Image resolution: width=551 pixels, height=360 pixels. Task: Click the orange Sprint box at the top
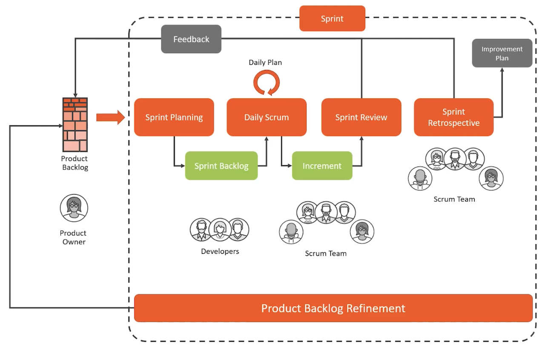332,18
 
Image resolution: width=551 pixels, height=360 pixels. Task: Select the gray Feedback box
191,39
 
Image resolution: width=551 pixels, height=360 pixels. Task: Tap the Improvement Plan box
502,53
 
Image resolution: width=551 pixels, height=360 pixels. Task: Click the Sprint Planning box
174,117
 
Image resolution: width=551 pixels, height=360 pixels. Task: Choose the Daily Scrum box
267,117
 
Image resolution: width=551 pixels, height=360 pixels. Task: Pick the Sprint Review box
361,117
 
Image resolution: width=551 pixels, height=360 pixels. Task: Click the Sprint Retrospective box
453,117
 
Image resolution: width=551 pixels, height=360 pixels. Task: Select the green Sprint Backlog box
221,166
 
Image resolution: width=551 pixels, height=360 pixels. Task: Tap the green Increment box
322,166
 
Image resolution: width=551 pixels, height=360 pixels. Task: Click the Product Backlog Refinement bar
333,308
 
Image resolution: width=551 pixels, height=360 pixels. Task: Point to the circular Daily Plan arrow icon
267,82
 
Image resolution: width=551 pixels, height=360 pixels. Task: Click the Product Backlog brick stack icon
75,125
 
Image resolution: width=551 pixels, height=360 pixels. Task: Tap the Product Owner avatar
74,208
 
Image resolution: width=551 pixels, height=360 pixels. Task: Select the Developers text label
220,251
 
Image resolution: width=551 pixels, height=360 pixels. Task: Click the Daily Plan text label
265,63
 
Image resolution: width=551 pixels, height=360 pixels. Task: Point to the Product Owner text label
73,237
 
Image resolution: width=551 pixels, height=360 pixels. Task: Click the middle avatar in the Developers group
220,230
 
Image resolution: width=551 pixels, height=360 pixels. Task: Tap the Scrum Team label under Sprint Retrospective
454,199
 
